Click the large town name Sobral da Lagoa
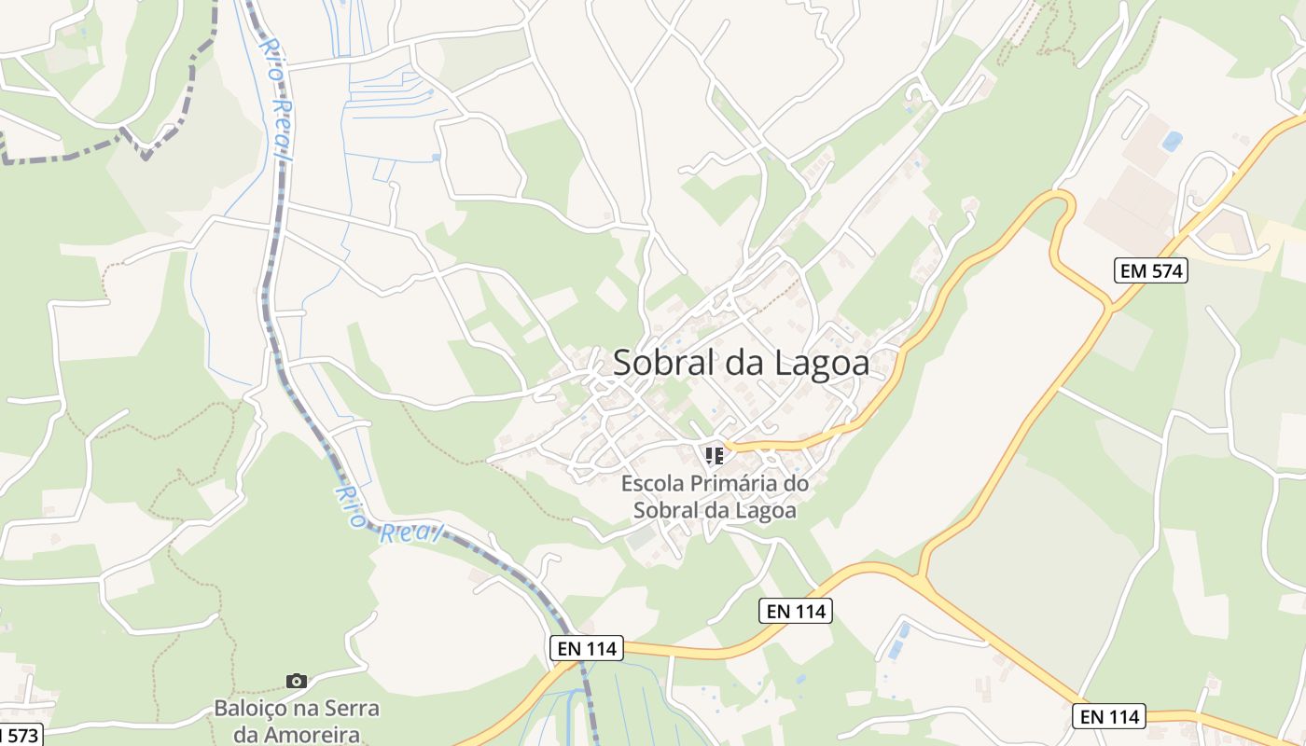[x=741, y=364]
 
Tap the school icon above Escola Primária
[x=715, y=456]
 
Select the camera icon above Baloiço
[x=297, y=682]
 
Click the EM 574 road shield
[x=1150, y=271]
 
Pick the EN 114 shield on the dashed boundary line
[x=586, y=649]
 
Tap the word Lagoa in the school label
[x=769, y=511]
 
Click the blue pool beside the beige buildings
[x=1172, y=141]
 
